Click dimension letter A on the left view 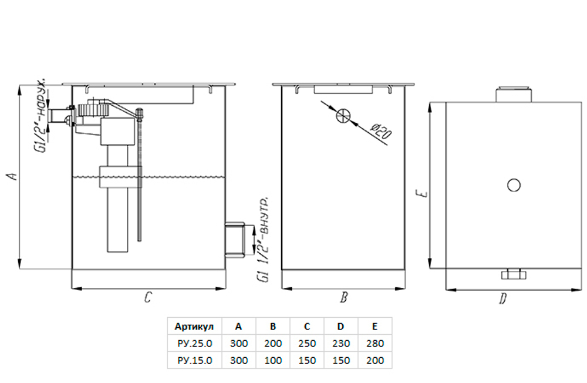(13, 176)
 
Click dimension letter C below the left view (149, 298)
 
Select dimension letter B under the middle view (343, 298)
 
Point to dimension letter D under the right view (503, 298)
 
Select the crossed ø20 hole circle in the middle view (343, 116)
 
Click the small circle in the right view (514, 185)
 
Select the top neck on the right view (514, 95)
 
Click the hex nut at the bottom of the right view (514, 274)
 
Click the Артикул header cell (194, 327)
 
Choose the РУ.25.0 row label (195, 343)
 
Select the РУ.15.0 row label (195, 361)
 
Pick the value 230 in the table (340, 343)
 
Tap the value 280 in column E (375, 343)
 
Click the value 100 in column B (273, 361)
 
